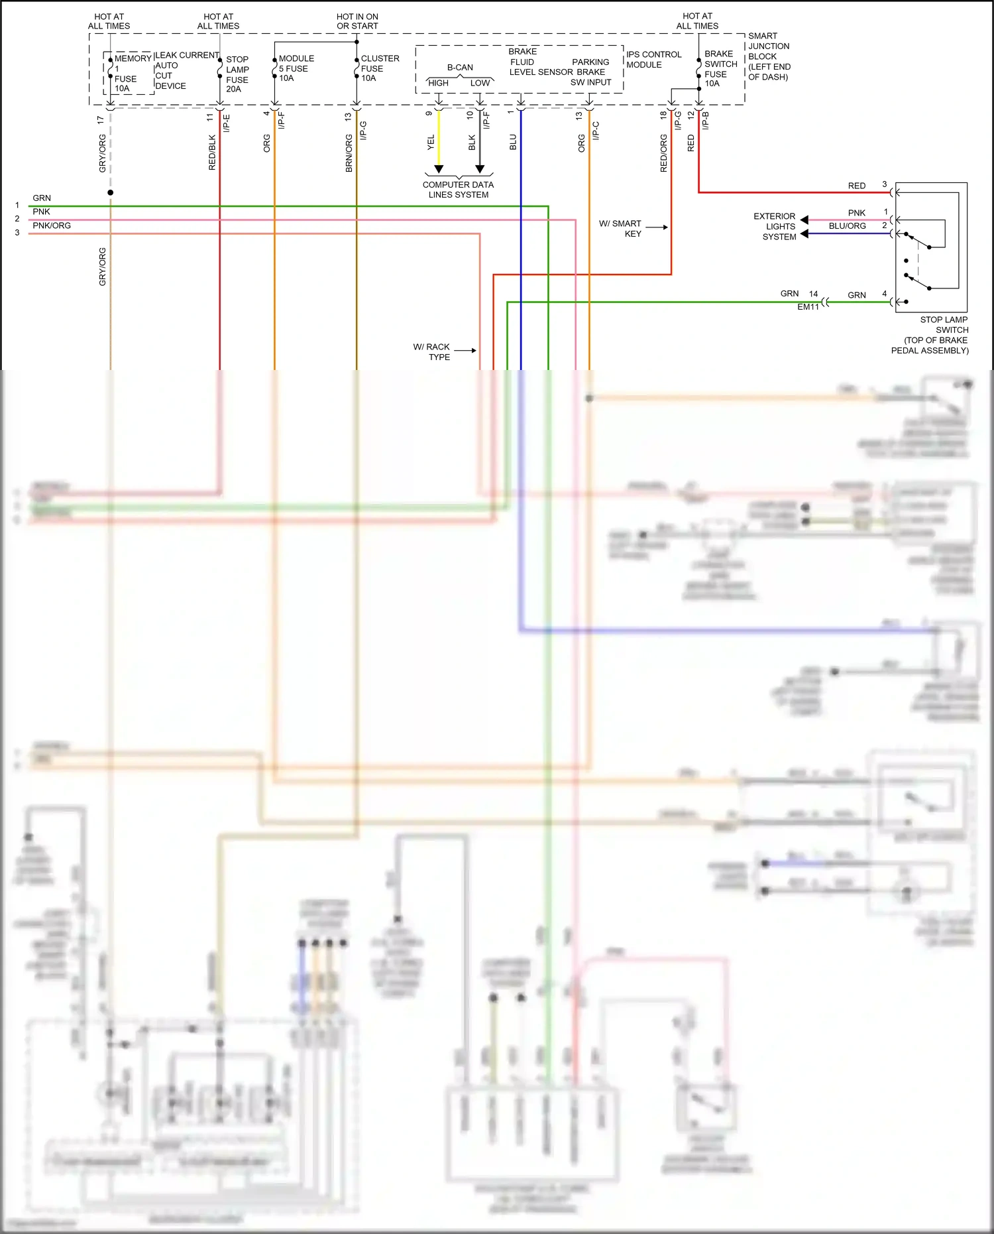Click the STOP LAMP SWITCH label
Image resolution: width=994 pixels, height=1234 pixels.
934,334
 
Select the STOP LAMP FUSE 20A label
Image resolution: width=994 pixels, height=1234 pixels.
237,74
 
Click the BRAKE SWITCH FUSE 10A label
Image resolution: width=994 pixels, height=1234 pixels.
720,68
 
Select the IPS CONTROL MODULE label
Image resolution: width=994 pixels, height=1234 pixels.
653,60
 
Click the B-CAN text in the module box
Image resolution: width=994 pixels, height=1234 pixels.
460,68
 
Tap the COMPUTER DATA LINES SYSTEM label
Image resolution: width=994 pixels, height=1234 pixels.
458,190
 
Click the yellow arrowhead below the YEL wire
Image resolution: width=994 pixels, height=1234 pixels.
439,169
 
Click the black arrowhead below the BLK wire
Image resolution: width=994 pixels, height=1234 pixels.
480,169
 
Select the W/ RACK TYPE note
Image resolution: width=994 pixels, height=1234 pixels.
432,351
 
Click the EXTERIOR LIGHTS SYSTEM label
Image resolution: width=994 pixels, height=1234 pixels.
775,226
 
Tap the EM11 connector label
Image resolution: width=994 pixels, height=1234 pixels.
808,307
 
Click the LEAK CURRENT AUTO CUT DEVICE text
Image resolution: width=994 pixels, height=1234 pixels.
179,70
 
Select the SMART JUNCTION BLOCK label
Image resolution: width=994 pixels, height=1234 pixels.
769,56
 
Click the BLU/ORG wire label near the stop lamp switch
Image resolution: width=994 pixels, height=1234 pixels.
847,226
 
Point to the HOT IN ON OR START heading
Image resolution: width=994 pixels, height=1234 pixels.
357,21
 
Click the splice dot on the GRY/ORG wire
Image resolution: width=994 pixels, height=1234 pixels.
111,192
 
